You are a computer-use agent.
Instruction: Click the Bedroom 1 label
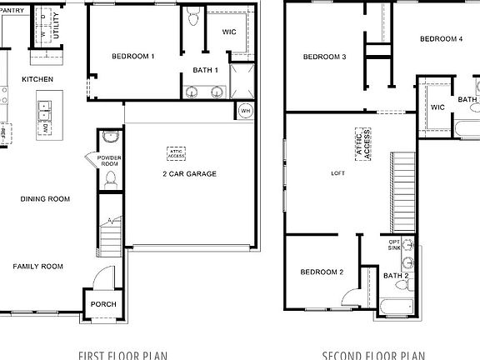133,57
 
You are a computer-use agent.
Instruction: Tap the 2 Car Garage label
189,174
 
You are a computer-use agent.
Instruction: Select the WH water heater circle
245,111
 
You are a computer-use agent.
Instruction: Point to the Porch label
103,304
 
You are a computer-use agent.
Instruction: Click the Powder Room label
109,161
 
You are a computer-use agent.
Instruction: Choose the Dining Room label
46,198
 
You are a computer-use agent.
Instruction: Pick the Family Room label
37,267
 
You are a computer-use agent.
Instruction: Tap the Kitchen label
37,79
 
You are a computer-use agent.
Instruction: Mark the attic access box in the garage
177,152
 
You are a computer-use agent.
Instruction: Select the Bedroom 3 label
324,57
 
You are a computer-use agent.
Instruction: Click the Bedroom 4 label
441,38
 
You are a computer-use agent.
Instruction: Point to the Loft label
337,173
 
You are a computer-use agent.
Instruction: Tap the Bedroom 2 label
322,272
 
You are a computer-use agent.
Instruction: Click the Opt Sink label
395,245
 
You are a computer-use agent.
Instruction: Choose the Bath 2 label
395,276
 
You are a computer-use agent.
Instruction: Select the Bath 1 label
205,70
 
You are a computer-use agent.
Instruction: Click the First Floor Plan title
122,355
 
